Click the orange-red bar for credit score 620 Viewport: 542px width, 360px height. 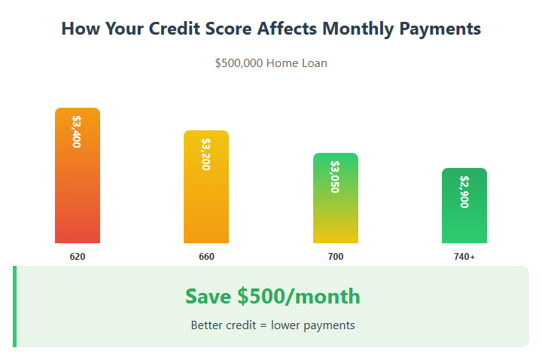[x=78, y=175]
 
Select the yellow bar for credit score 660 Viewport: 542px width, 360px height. [x=206, y=187]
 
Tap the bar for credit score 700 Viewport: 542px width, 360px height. [x=336, y=198]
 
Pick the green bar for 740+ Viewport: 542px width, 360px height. [x=464, y=206]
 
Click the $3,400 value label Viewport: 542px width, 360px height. [x=77, y=131]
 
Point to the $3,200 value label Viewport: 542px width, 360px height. [x=206, y=154]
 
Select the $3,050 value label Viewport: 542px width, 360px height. [x=335, y=177]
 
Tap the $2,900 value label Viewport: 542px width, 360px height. [x=464, y=192]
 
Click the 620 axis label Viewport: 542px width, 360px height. [x=78, y=257]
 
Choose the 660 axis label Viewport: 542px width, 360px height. [x=206, y=257]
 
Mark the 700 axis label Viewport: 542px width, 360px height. [x=336, y=257]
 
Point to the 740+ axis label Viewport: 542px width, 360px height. [x=464, y=257]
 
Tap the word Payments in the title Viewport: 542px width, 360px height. [x=440, y=29]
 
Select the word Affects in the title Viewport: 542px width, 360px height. [x=287, y=29]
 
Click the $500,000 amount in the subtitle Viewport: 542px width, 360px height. [x=239, y=63]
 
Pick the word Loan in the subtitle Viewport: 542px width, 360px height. [x=315, y=63]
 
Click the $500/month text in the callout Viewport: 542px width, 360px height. [x=299, y=297]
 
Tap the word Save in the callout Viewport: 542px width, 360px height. [x=208, y=297]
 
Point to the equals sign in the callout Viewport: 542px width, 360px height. [x=263, y=325]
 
